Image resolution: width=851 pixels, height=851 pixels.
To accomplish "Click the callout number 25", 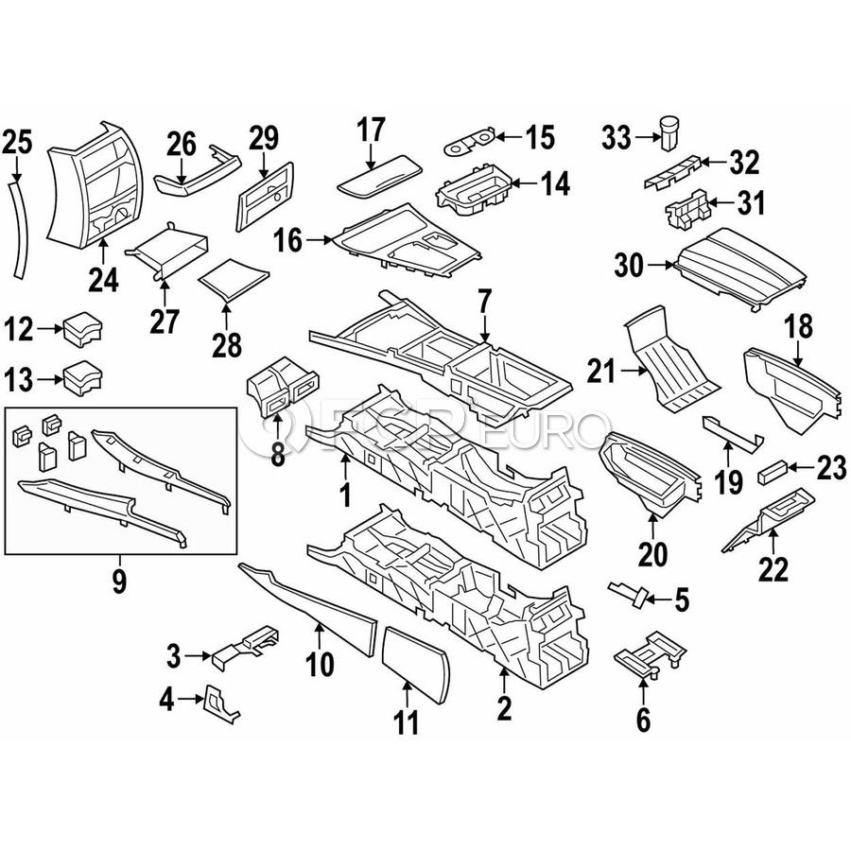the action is click(17, 142).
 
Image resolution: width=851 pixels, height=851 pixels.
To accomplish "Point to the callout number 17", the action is click(371, 130).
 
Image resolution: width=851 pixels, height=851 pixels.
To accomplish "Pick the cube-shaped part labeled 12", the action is click(82, 328).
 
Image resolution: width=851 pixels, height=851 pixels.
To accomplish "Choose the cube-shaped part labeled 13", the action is click(82, 377).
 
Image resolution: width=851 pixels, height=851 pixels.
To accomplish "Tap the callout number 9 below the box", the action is click(119, 581).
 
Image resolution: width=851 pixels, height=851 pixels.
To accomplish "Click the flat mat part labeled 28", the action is click(234, 280).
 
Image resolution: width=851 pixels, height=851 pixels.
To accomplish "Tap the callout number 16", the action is click(287, 240).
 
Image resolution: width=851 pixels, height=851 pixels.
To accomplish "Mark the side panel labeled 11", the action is click(416, 665).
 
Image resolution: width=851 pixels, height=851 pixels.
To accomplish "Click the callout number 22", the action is click(773, 569).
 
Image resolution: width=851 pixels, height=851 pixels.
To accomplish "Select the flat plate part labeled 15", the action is click(470, 141).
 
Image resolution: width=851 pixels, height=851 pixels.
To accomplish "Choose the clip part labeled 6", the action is click(651, 653).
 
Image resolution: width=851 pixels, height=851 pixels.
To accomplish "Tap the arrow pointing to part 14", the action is click(523, 183).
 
